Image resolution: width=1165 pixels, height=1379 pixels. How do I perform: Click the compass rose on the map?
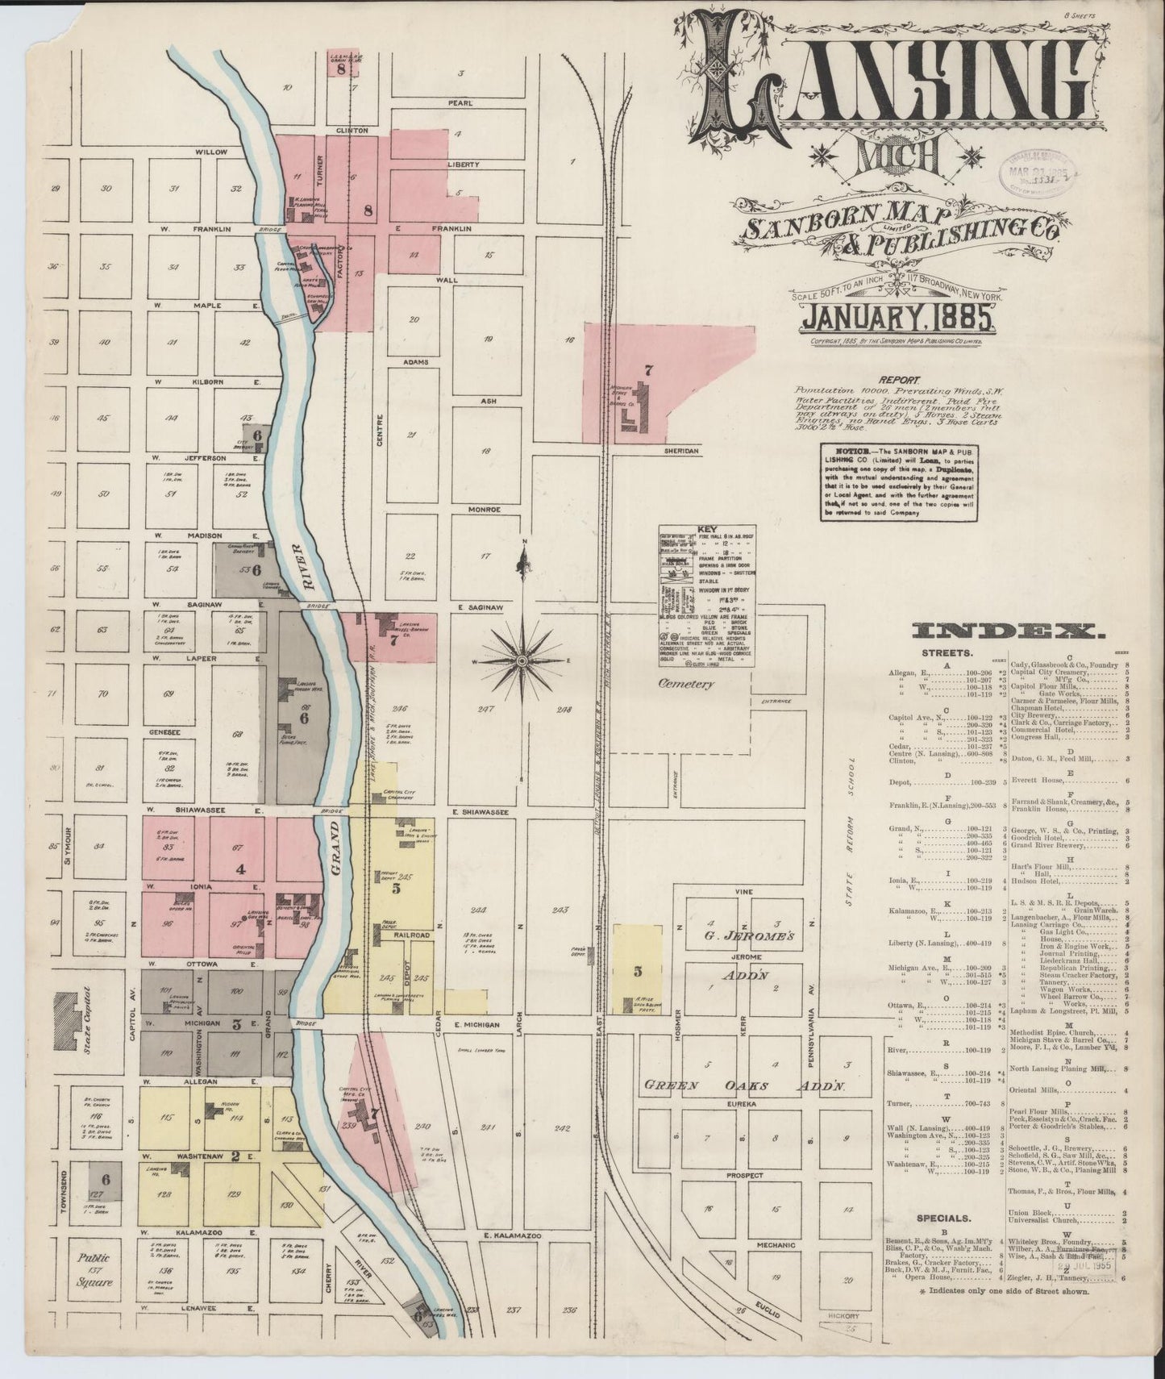click(x=522, y=660)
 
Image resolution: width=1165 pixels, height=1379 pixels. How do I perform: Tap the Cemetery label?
click(x=686, y=684)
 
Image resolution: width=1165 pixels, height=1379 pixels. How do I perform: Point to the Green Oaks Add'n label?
click(x=742, y=1086)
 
